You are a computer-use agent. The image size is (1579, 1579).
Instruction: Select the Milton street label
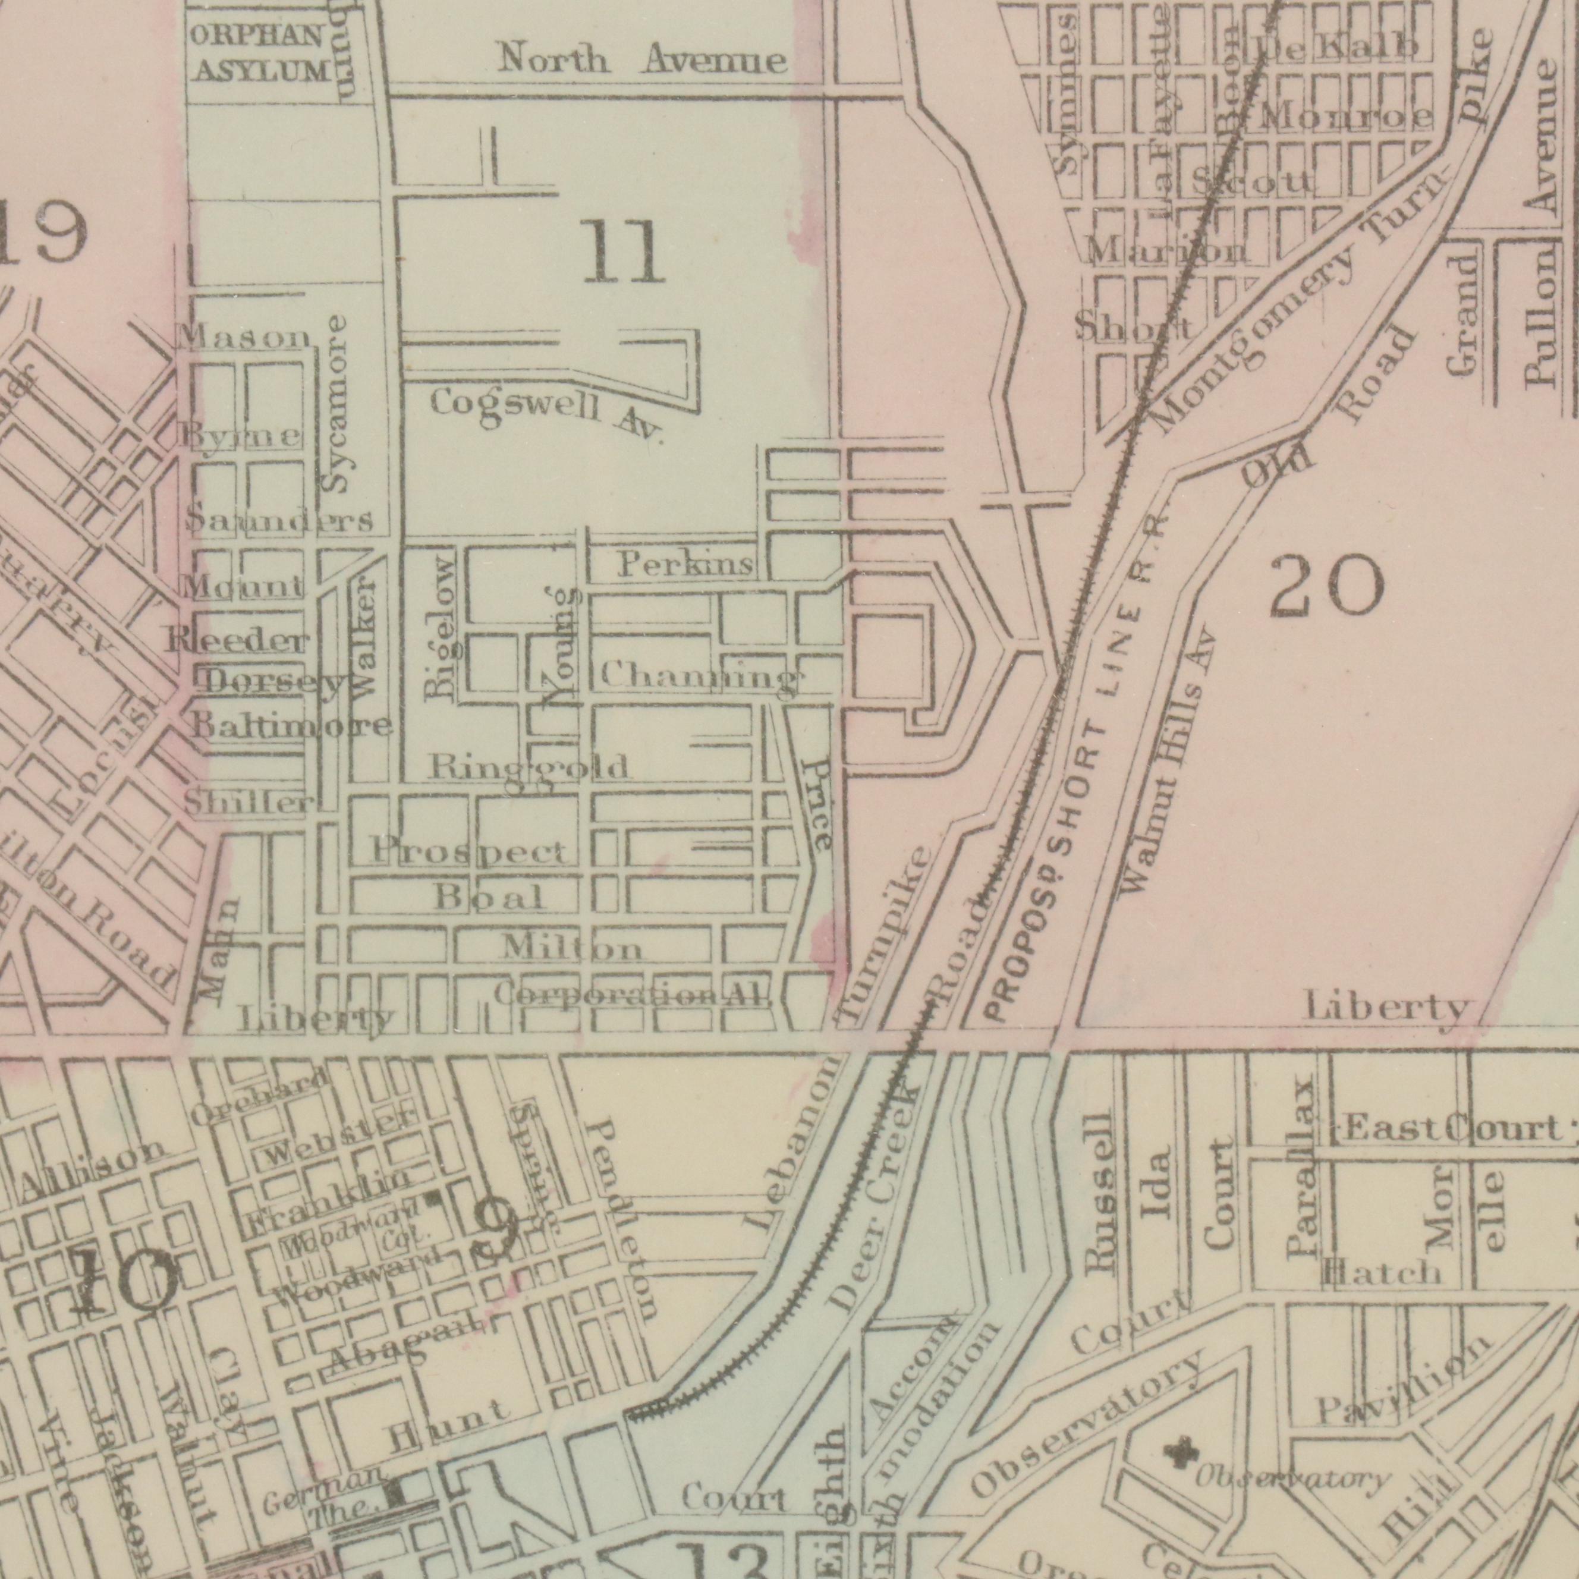coord(572,949)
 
